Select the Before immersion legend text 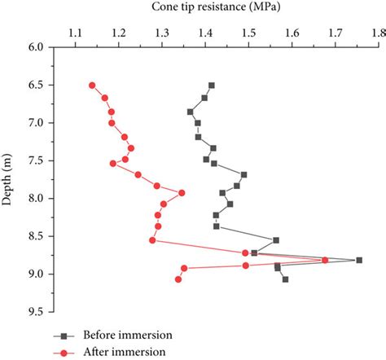point(126,336)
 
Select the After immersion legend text point(124,352)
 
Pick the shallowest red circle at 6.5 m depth point(92,86)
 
